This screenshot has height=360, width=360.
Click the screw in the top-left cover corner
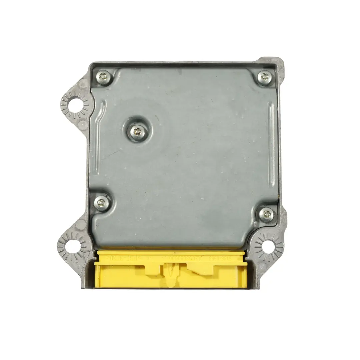pyautogui.click(x=103, y=77)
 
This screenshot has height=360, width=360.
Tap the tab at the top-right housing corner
pyautogui.click(x=277, y=63)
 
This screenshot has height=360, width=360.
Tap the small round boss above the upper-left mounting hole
pyautogui.click(x=81, y=83)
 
